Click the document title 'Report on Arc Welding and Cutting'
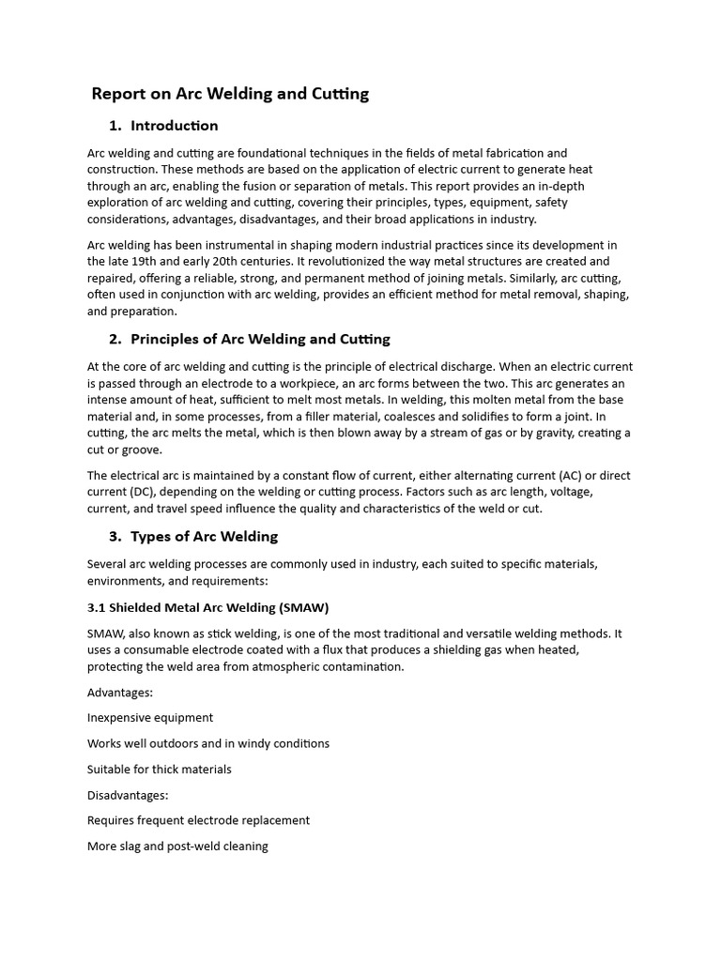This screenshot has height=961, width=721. coord(230,94)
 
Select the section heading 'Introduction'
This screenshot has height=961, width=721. coord(175,126)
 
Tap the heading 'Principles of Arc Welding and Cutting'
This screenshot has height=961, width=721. coord(260,339)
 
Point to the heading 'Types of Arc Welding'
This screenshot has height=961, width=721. coord(204,537)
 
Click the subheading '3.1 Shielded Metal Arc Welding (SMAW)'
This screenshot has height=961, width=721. coord(207,607)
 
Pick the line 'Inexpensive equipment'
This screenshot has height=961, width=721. coord(150,718)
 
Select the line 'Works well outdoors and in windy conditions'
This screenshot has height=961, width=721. coord(208,743)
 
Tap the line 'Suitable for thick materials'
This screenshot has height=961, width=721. coord(159,769)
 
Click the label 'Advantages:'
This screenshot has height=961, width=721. coord(120,693)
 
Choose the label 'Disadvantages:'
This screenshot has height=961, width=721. coord(128,795)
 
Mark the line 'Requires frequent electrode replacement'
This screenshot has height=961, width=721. coord(198,820)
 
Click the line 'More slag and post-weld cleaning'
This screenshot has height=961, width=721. coord(177,846)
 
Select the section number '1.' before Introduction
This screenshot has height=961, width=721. coord(115,126)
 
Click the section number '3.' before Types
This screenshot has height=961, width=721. coord(115,537)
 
